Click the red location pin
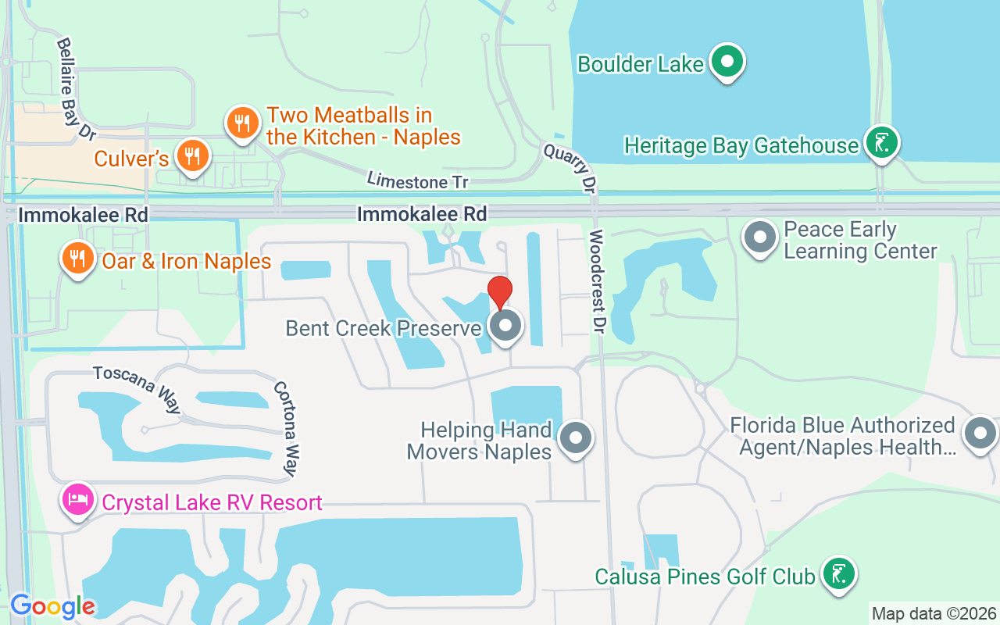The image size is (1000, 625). (500, 291)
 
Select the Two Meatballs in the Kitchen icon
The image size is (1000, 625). (243, 123)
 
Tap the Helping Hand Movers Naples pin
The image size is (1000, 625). (577, 438)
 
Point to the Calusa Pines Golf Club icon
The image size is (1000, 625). (838, 573)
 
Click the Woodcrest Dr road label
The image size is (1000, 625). (597, 281)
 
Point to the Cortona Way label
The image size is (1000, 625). (286, 428)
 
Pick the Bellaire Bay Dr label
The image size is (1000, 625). (76, 88)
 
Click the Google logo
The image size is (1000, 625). (52, 606)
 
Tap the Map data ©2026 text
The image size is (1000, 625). (934, 613)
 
